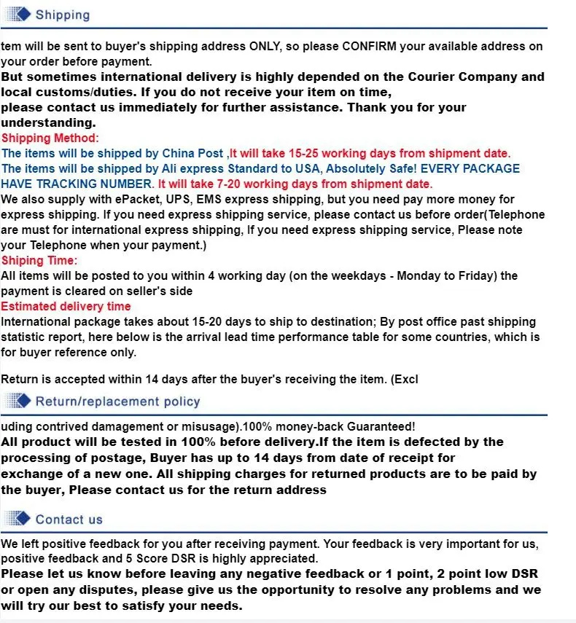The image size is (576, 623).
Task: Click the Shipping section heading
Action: (x=62, y=15)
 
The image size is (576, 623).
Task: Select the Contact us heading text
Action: (x=69, y=520)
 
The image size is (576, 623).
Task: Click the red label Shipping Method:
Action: (x=50, y=138)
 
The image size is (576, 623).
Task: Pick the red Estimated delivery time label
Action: (x=66, y=306)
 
